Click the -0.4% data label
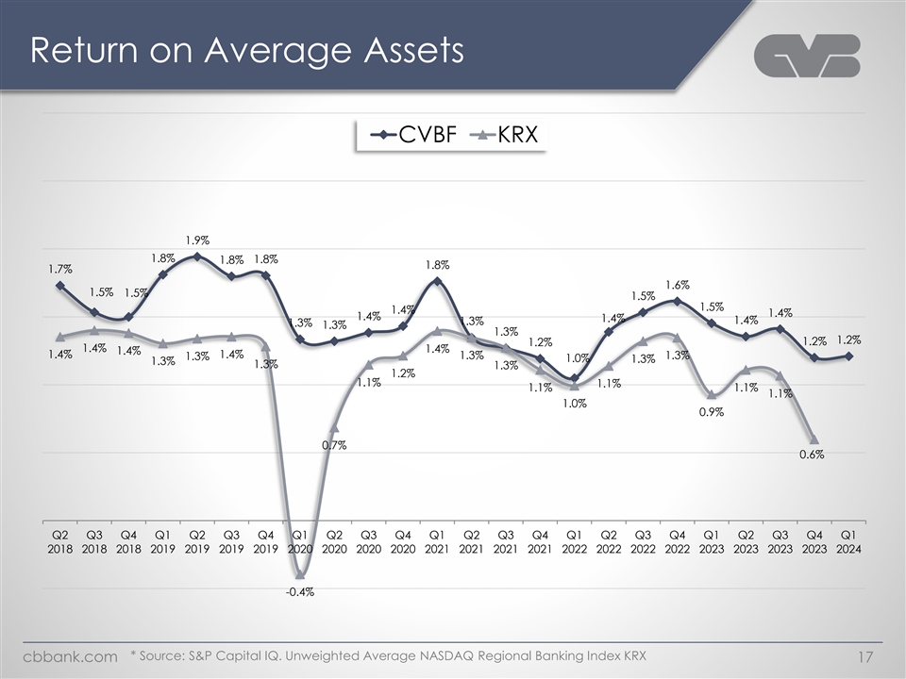[300, 592]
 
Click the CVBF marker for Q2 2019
[196, 256]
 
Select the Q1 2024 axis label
[847, 540]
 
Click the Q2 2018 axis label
[59, 540]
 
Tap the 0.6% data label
[812, 455]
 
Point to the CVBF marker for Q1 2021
[437, 281]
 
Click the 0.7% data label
[334, 445]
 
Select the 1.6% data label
[678, 285]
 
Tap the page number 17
[864, 656]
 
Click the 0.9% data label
[712, 411]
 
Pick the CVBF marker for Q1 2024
[848, 356]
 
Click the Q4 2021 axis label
[539, 540]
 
